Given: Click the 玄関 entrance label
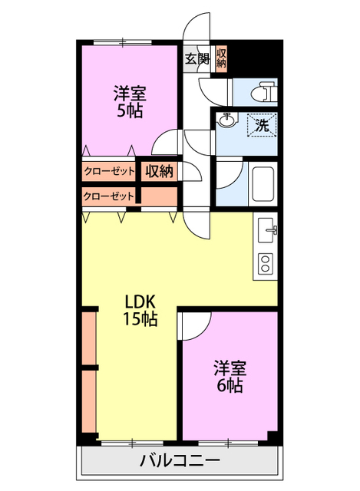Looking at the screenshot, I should click(x=197, y=58).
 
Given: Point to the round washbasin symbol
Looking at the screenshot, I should click(x=227, y=120).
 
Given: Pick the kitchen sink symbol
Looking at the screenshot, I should click(x=267, y=228).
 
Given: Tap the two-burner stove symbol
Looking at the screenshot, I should click(x=266, y=263).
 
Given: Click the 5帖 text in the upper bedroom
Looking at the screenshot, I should click(x=129, y=110).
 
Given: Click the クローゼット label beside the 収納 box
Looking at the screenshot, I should click(x=107, y=170).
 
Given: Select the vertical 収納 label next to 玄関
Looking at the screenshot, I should click(x=221, y=58).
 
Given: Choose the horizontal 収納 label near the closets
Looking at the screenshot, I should click(x=160, y=170).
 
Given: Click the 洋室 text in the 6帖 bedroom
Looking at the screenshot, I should click(x=229, y=367).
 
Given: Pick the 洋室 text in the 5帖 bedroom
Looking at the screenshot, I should click(x=129, y=93).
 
